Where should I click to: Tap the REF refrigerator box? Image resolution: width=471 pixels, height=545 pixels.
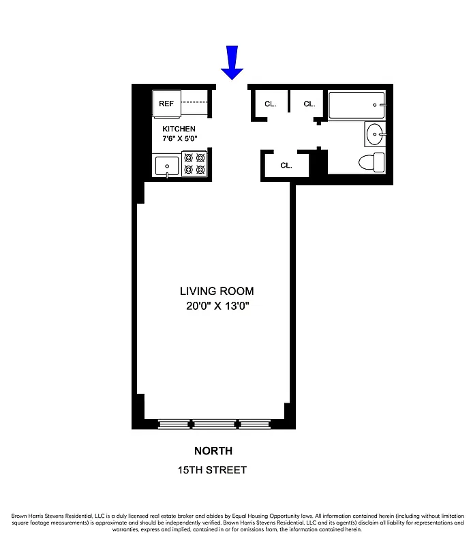166,104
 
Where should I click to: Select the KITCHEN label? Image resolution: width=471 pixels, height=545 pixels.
179,129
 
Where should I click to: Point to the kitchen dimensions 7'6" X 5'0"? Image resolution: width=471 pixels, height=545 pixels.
179,138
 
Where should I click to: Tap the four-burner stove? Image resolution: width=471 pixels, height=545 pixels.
194,164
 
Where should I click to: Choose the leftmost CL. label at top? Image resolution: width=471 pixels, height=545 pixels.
270,104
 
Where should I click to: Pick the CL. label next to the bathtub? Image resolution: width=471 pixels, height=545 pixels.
309,104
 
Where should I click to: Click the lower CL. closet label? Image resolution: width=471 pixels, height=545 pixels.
286,165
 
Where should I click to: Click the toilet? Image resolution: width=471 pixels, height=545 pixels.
371,163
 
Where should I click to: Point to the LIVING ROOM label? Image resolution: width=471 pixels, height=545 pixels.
217,292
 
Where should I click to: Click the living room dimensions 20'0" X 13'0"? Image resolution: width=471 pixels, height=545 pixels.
217,306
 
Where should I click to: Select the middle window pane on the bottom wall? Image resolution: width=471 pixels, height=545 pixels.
214,424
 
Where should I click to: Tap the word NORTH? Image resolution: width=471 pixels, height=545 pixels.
213,451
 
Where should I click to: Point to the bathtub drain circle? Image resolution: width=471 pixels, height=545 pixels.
374,105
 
